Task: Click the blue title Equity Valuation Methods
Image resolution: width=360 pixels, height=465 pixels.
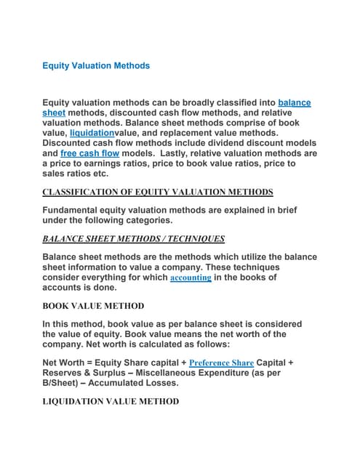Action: (x=96, y=65)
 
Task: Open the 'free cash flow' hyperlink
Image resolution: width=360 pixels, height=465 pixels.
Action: (x=89, y=154)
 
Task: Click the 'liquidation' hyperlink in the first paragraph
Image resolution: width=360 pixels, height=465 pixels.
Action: (x=92, y=134)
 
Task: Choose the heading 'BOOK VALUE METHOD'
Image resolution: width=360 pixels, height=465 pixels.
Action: (x=93, y=306)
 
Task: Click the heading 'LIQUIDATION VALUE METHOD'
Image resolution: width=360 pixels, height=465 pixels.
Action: (x=110, y=401)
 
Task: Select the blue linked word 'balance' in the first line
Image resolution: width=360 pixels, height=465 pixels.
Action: (x=295, y=103)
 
